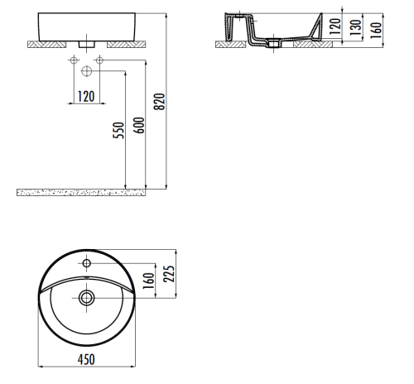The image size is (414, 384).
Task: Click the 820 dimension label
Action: click(x=161, y=102)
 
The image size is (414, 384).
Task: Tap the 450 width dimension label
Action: click(x=86, y=358)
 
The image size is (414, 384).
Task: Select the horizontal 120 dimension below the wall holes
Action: click(x=84, y=96)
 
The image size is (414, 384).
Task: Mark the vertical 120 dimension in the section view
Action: click(x=335, y=27)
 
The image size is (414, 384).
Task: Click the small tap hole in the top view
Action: click(x=87, y=264)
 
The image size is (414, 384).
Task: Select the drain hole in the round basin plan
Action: click(x=87, y=297)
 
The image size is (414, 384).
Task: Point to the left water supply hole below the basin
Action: click(x=75, y=60)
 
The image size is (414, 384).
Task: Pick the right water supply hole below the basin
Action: click(x=99, y=60)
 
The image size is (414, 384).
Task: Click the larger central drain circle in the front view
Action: click(x=86, y=70)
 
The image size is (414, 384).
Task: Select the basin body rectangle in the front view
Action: click(x=87, y=24)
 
